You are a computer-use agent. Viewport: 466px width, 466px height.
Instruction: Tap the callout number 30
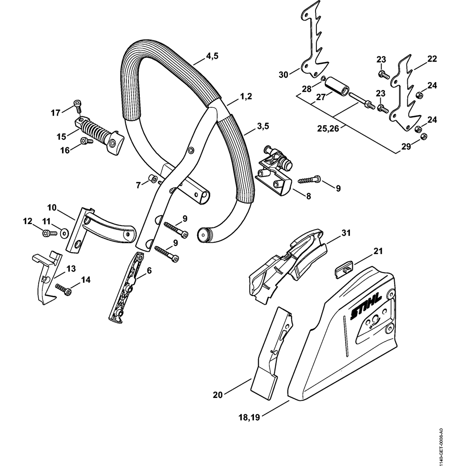tap(283, 74)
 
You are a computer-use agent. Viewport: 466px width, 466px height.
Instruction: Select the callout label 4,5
tap(212, 56)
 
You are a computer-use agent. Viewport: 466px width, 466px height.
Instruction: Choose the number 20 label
tap(218, 395)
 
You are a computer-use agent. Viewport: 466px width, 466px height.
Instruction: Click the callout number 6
tap(149, 270)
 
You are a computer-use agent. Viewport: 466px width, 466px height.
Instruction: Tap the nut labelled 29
tap(424, 137)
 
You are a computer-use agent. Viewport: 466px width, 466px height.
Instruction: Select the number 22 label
tap(432, 59)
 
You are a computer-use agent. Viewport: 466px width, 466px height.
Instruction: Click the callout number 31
tap(346, 232)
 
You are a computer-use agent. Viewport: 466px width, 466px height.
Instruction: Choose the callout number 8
tap(308, 197)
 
